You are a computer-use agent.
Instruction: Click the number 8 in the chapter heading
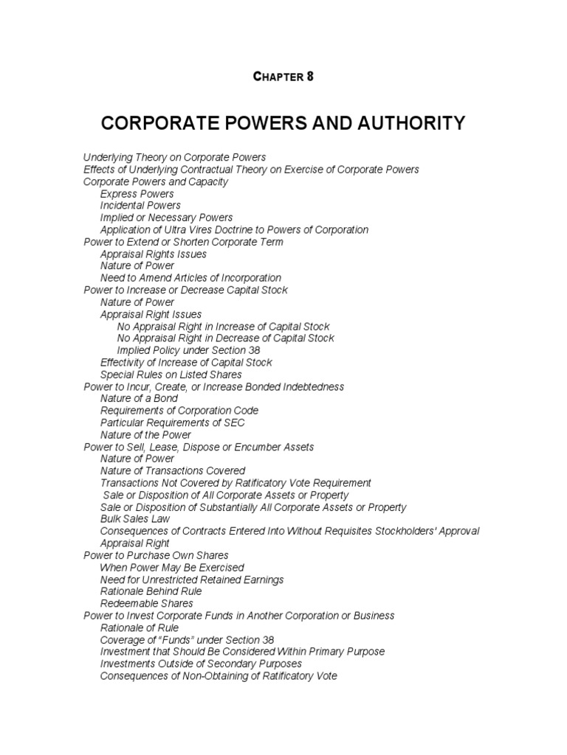pyautogui.click(x=310, y=77)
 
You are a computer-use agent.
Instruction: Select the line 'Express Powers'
pyautogui.click(x=137, y=194)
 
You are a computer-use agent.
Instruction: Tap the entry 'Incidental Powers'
pyautogui.click(x=140, y=206)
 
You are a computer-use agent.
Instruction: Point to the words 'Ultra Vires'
pyautogui.click(x=187, y=230)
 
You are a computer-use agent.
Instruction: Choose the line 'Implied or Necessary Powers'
pyautogui.click(x=166, y=218)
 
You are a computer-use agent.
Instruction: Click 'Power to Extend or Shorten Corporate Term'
pyautogui.click(x=183, y=242)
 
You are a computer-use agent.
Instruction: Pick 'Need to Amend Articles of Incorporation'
pyautogui.click(x=190, y=278)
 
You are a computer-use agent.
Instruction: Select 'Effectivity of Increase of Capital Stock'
pyautogui.click(x=186, y=363)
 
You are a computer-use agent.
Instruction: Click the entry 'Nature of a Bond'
pyautogui.click(x=139, y=399)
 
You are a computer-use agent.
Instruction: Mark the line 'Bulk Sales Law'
pyautogui.click(x=135, y=519)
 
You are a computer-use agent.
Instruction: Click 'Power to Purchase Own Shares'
pyautogui.click(x=156, y=555)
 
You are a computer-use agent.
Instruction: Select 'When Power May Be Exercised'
pyautogui.click(x=172, y=568)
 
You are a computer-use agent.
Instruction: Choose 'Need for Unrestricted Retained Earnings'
pyautogui.click(x=192, y=580)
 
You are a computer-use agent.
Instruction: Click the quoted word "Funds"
pyautogui.click(x=174, y=640)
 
